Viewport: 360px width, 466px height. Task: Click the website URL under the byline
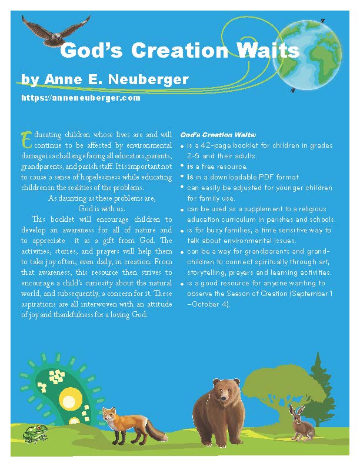[81, 98]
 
